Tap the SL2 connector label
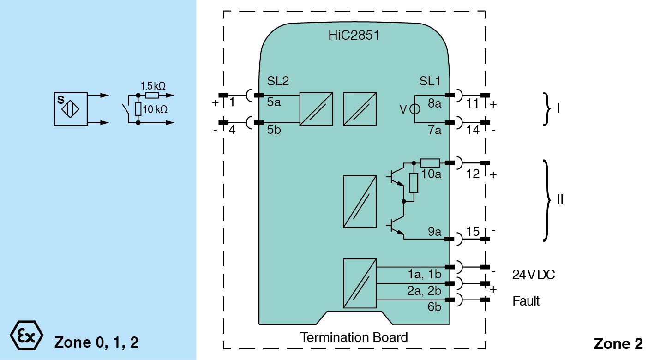[x=278, y=81]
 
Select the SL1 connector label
[x=430, y=81]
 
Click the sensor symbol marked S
[x=70, y=109]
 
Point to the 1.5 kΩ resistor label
[x=153, y=86]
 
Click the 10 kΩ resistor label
[x=155, y=110]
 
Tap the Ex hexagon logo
[x=26, y=335]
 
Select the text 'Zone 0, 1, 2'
[x=96, y=342]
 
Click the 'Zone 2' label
[x=618, y=343]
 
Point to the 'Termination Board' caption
[x=354, y=337]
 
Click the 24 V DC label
[x=534, y=275]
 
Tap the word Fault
[x=526, y=301]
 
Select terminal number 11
[x=473, y=103]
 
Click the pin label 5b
[x=274, y=130]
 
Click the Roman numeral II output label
[x=560, y=200]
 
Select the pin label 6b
[x=434, y=307]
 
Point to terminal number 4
[x=232, y=130]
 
